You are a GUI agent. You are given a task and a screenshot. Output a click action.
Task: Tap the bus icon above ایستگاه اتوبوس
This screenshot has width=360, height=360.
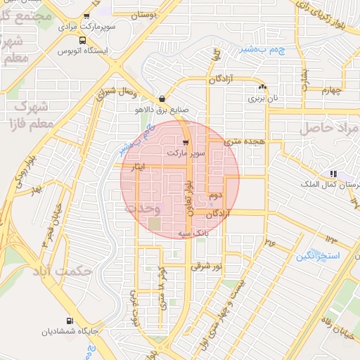pyautogui.click(x=83, y=40)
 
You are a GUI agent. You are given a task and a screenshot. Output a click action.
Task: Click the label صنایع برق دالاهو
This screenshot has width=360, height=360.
pyautogui.click(x=163, y=110)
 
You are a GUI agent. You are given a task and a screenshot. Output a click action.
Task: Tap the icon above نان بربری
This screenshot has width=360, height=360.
pyautogui.click(x=262, y=87)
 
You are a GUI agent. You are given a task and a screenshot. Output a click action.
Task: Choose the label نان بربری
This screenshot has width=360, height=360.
pyautogui.click(x=262, y=98)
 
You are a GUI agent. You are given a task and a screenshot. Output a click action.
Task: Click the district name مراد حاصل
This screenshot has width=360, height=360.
pyautogui.click(x=329, y=129)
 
